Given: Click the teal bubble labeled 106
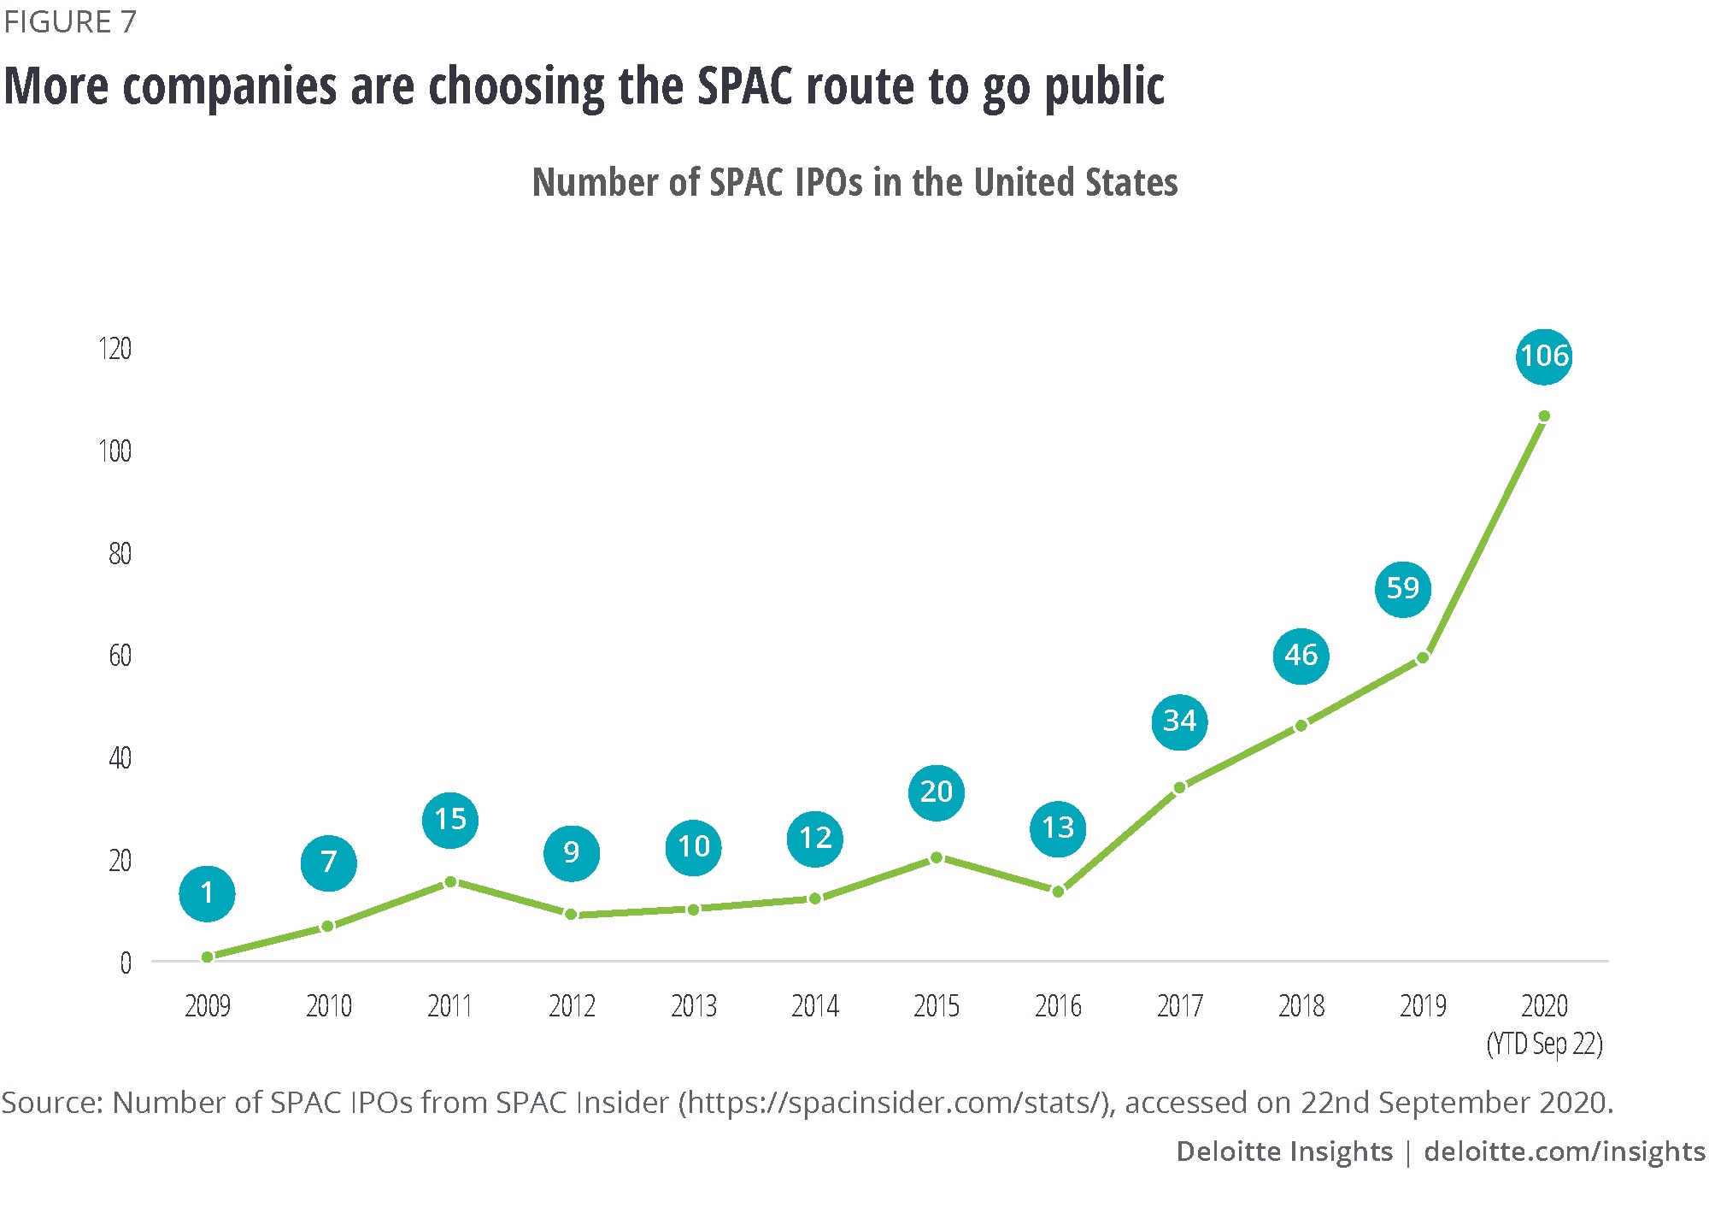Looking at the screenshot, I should click(1544, 356).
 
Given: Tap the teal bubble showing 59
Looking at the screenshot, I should click(1402, 588).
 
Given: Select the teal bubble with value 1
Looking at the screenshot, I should click(207, 893).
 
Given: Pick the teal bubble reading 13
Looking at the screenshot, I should click(1058, 827).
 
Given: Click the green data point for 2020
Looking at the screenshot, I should click(1544, 416).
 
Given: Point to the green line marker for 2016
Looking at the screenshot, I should click(1058, 892).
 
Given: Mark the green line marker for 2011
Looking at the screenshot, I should click(450, 881).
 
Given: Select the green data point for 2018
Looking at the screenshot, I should click(1301, 726).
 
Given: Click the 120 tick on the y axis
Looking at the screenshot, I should click(115, 349).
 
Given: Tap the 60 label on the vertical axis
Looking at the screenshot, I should click(120, 656).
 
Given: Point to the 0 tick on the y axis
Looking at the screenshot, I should click(126, 963).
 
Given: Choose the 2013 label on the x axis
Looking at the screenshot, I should click(693, 1006).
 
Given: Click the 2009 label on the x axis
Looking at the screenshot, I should click(208, 1006).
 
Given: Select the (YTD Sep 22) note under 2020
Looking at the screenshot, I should click(1544, 1045).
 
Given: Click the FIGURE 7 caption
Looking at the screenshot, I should click(70, 22).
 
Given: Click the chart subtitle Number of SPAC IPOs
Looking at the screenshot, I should click(854, 182).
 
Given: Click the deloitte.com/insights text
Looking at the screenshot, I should click(1564, 1151).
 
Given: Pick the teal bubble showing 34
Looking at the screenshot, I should click(1179, 721).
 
